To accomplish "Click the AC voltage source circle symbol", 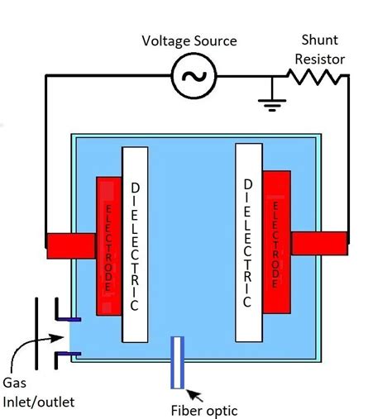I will coord(194,77).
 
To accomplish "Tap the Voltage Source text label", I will coord(189,40).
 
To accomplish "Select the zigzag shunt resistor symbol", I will coord(313,77).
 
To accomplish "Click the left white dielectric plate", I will coord(136,244).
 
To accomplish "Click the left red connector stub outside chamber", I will coord(69,245).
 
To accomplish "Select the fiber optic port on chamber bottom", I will coord(177,362).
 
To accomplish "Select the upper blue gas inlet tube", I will coord(67,318).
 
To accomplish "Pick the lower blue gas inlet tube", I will coord(67,355).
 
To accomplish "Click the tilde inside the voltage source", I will coord(194,77).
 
